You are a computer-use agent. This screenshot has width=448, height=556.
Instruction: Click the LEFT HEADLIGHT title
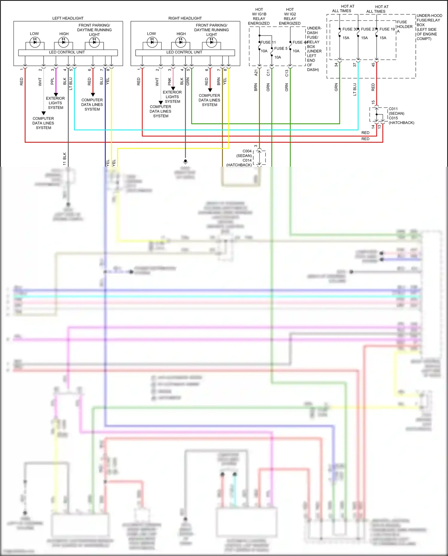(x=68, y=18)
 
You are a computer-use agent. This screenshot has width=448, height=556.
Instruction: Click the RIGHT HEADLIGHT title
(x=185, y=18)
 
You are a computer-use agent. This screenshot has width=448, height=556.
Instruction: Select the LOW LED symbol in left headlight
(x=35, y=42)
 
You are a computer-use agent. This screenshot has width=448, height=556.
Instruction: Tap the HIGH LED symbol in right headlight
(x=181, y=42)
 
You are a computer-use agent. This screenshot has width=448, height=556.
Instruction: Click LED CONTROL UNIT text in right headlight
(x=184, y=52)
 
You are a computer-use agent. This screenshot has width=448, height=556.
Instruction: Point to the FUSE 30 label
(x=350, y=29)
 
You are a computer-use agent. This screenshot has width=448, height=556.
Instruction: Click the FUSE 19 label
(x=387, y=29)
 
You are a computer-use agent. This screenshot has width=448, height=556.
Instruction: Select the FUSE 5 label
(x=281, y=48)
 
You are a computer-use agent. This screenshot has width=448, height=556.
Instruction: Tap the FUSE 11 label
(x=268, y=42)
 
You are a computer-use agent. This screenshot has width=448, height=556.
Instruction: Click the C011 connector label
(x=393, y=109)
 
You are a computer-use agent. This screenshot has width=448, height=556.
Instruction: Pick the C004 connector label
(x=247, y=151)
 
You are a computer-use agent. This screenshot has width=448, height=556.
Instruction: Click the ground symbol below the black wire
(x=185, y=162)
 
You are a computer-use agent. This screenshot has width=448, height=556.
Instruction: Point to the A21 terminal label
(x=256, y=73)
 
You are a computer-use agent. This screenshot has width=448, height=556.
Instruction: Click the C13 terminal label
(x=287, y=73)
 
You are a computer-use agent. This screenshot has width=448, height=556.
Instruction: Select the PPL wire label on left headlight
(x=53, y=81)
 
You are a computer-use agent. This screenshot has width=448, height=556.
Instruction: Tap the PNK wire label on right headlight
(x=170, y=81)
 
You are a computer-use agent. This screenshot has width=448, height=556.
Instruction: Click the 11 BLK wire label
(x=65, y=159)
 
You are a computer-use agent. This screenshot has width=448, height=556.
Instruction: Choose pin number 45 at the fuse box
(x=373, y=65)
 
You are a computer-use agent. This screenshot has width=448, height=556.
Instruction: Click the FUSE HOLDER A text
(x=404, y=26)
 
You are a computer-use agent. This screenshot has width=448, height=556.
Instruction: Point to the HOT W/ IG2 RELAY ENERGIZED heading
(x=290, y=16)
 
